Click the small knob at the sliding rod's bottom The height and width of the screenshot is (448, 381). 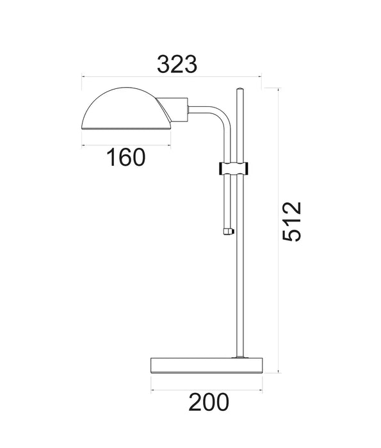pos(227,231)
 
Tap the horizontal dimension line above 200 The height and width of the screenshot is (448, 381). pos(207,388)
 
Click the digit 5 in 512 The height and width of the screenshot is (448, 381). pos(291,235)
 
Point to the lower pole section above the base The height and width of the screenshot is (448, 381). pos(239,301)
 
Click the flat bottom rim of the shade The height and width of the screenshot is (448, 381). pos(126,127)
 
